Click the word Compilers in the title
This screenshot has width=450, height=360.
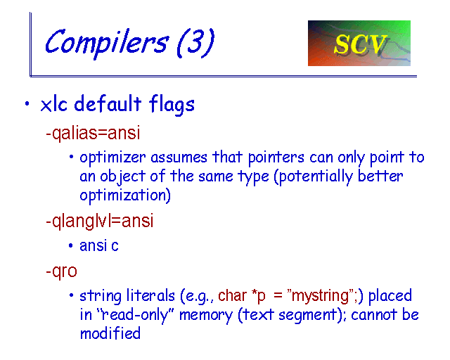click(x=106, y=43)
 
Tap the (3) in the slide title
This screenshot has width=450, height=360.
click(x=195, y=42)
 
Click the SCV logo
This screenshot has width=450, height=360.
click(x=359, y=43)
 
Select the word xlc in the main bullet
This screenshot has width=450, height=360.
click(x=54, y=104)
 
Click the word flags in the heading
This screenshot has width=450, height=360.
click(x=172, y=105)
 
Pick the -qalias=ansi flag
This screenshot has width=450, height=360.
click(x=93, y=133)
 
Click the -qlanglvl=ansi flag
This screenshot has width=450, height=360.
click(x=100, y=221)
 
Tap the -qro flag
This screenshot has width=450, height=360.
click(x=61, y=271)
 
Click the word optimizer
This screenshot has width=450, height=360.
click(x=112, y=158)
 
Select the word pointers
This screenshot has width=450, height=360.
click(x=276, y=158)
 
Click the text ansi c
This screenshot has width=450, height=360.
click(x=99, y=245)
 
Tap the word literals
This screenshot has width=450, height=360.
click(x=150, y=295)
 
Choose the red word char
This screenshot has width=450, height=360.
click(x=232, y=296)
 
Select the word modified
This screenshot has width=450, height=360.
click(x=110, y=333)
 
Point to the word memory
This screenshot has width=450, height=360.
click(x=205, y=316)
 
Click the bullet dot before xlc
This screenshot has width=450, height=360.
click(x=27, y=103)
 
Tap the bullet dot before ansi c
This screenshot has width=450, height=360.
click(x=71, y=245)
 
